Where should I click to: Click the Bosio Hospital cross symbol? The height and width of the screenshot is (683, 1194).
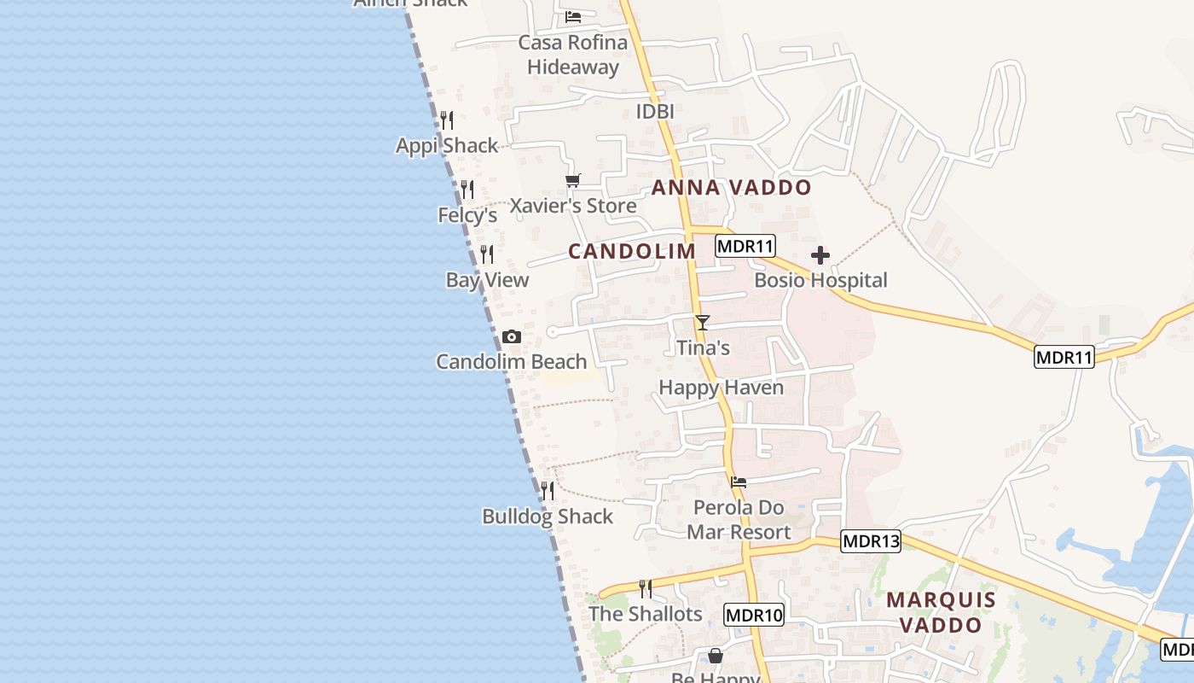(820, 255)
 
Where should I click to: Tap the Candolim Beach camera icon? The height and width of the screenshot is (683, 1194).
(512, 337)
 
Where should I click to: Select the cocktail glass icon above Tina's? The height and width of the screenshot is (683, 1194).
(702, 323)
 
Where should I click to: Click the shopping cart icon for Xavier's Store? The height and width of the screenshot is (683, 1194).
(573, 181)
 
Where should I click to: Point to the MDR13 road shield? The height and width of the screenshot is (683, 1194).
(870, 541)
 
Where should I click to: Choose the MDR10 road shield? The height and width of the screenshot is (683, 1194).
(754, 615)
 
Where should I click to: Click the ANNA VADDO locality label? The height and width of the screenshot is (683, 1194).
(731, 188)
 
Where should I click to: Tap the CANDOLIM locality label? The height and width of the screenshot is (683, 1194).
(632, 251)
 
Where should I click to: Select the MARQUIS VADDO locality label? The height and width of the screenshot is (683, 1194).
(941, 612)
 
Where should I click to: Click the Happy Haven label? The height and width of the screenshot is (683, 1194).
(721, 388)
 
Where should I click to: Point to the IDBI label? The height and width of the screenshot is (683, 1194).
(655, 112)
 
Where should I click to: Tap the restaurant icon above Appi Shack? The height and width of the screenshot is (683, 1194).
(447, 120)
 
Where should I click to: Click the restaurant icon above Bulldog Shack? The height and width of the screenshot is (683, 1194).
(548, 491)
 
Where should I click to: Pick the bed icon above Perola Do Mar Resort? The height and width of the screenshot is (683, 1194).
(739, 482)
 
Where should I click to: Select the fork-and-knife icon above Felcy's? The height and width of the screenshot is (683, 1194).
(467, 189)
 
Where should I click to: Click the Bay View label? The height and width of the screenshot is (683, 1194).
(487, 280)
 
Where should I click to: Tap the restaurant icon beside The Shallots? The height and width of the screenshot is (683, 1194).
(646, 589)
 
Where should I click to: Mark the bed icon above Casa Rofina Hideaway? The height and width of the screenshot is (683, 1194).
(573, 16)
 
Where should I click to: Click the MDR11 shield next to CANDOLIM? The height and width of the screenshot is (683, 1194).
(745, 247)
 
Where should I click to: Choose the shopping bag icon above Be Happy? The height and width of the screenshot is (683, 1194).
(716, 656)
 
